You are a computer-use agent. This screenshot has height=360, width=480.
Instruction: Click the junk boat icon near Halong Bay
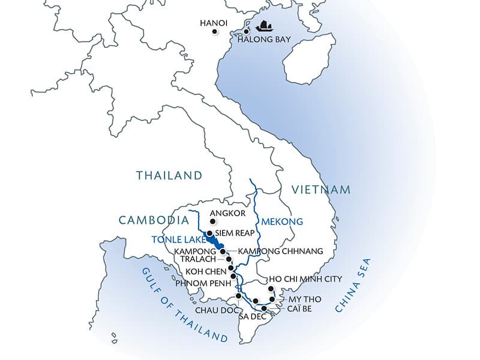[263, 26]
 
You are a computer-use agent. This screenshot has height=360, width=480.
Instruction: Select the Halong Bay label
[264, 40]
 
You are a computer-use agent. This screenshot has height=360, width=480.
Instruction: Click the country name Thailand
[169, 176]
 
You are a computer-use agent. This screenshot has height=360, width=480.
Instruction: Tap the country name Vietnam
[321, 190]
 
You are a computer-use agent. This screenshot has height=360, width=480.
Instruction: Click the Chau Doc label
[213, 311]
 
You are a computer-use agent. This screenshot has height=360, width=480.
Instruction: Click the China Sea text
[354, 286]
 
